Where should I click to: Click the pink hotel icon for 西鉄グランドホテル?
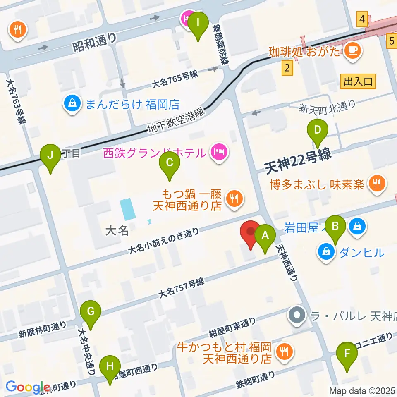pyautogui.click(x=218, y=152)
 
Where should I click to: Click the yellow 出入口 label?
pyautogui.click(x=358, y=81)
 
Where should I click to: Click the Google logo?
pyautogui.click(x=28, y=387)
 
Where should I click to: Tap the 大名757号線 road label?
pyautogui.click(x=182, y=288)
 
